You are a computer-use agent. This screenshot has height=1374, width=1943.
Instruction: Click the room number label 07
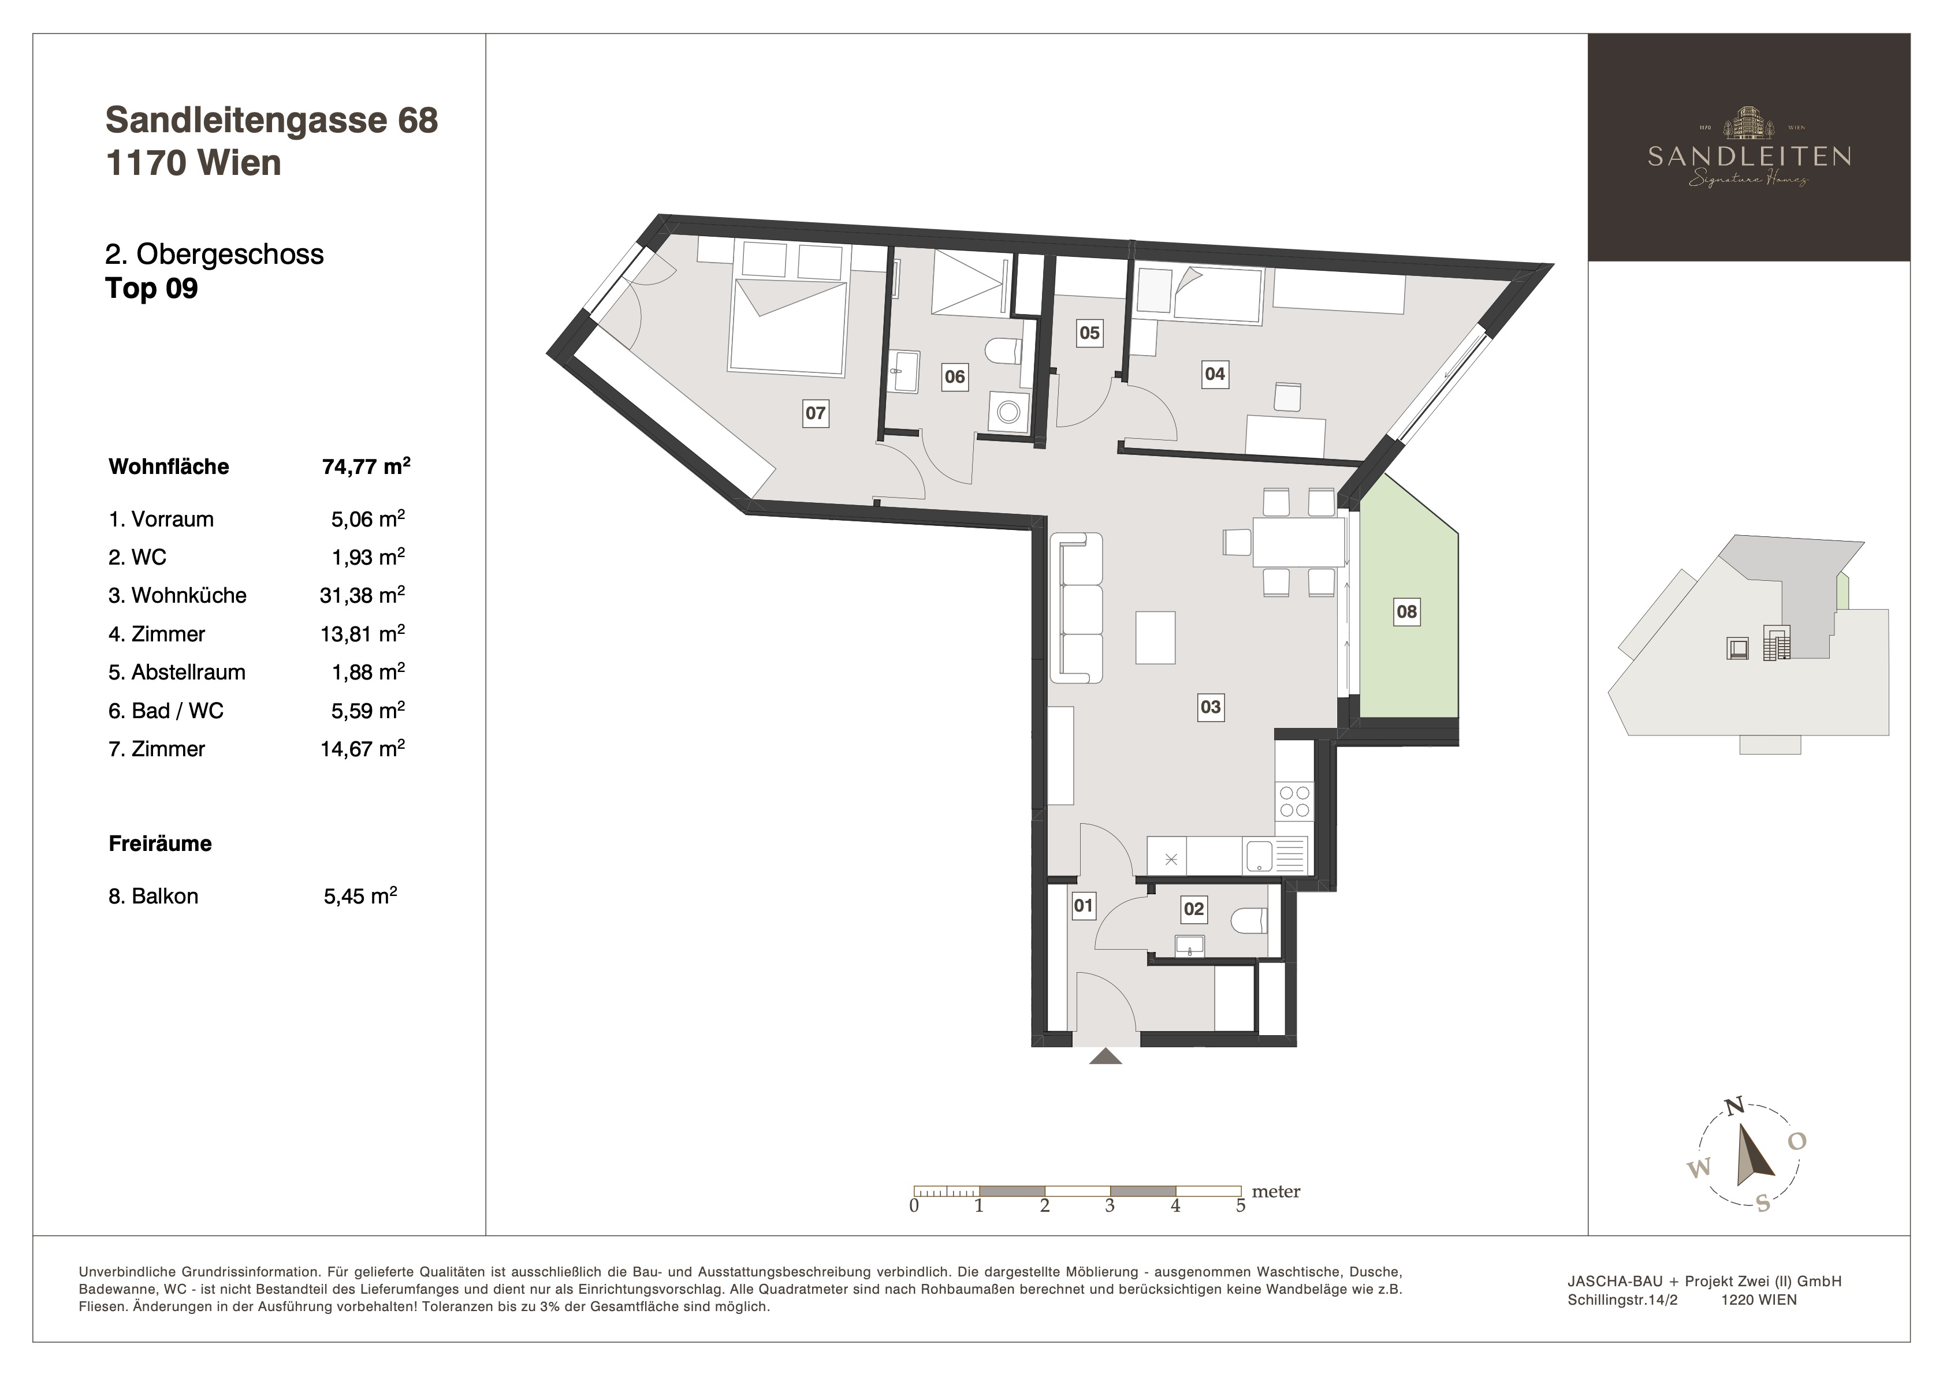[815, 413]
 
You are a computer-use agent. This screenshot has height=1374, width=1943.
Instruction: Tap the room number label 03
[1210, 707]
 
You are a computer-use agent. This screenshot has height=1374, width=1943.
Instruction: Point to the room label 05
[1089, 333]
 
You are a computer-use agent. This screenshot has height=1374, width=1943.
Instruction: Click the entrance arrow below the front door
[1105, 1056]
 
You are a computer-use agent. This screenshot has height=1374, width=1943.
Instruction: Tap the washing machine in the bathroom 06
[1008, 413]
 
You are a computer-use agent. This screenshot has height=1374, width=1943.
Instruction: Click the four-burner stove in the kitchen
[1294, 801]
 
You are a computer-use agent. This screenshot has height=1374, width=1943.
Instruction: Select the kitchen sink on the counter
[1260, 856]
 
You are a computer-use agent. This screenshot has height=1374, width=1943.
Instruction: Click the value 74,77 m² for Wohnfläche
[366, 466]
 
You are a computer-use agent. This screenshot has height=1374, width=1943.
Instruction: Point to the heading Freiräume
[160, 843]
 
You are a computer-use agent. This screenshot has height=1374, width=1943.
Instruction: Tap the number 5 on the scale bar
[1241, 1205]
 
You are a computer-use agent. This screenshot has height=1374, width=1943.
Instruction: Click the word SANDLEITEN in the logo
[1749, 156]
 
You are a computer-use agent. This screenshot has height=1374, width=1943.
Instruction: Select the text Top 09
[151, 289]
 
